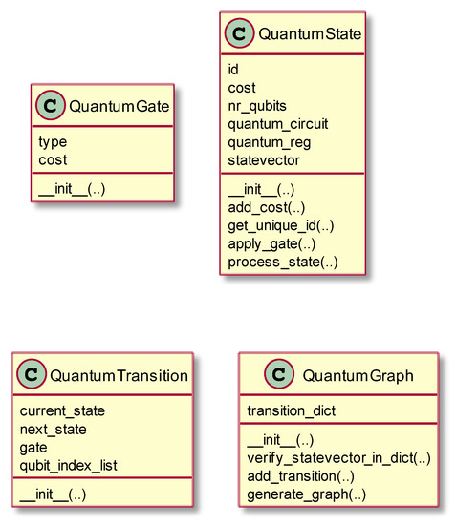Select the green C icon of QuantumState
click(239, 35)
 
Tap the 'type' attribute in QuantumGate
click(53, 142)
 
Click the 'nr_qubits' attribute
click(256, 105)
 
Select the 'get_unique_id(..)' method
click(280, 226)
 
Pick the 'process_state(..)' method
click(282, 262)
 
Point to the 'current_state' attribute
click(62, 410)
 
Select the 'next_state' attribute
click(54, 429)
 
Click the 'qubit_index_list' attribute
click(69, 464)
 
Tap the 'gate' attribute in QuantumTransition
click(34, 446)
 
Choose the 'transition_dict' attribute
click(291, 410)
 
